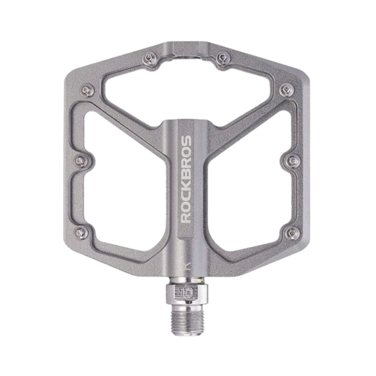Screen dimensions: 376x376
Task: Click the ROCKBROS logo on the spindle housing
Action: tap(186, 179)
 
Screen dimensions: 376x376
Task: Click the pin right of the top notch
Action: tap(223, 58)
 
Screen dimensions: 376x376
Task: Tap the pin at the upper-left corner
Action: tap(87, 90)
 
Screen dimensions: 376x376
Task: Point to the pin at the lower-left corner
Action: tap(81, 232)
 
